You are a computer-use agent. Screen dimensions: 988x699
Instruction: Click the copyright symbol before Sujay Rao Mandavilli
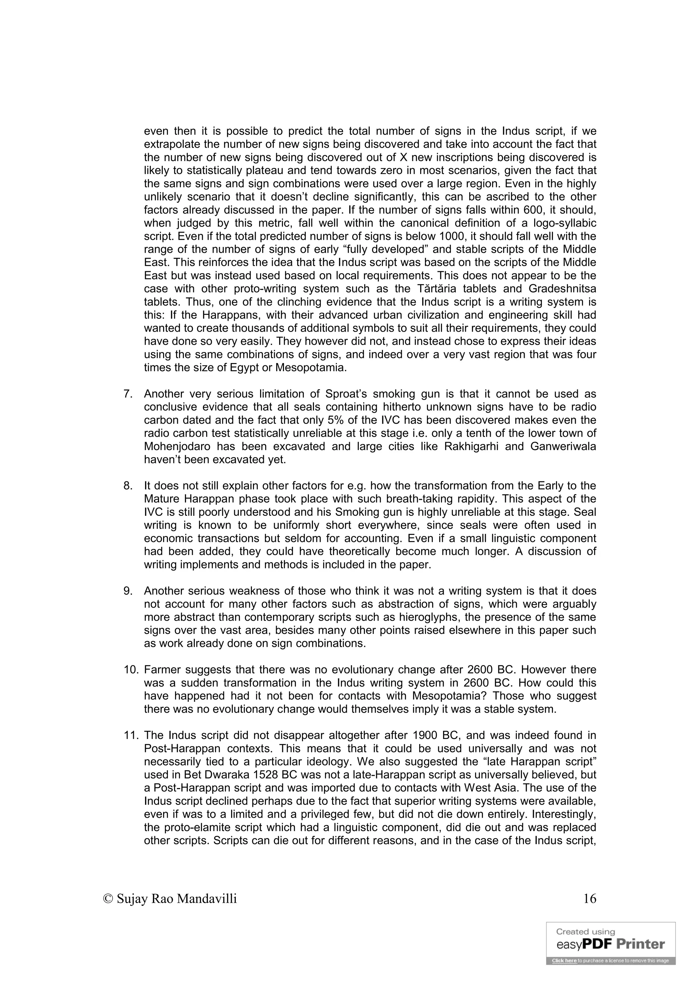tap(108, 899)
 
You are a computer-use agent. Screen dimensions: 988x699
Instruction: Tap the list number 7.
tap(127, 394)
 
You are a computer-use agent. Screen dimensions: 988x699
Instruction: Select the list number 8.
tap(127, 486)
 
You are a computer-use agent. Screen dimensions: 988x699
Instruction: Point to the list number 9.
tap(127, 591)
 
